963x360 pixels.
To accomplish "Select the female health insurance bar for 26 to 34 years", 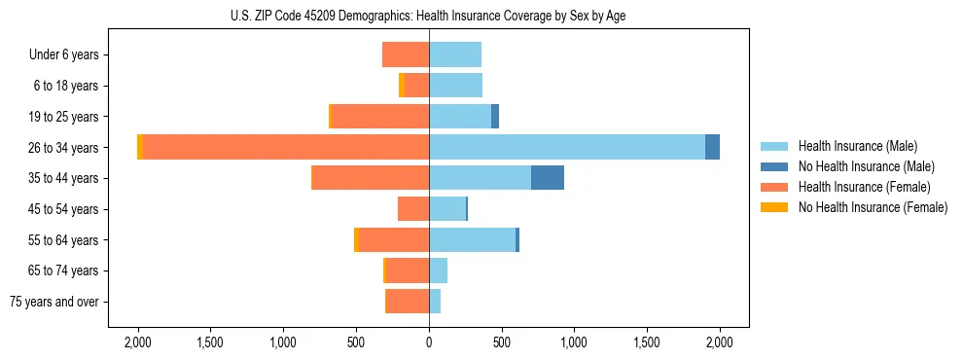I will point(286,147).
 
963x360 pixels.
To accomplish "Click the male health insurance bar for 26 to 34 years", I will point(567,147).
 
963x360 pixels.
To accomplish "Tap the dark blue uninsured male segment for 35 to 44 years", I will point(548,178).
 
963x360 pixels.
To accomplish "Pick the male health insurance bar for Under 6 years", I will point(455,54).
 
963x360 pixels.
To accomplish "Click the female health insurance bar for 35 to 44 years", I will point(370,178).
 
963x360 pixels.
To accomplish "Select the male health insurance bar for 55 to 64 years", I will point(472,239).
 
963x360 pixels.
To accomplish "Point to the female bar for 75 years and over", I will point(408,302).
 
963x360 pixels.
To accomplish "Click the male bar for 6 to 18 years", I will point(455,86).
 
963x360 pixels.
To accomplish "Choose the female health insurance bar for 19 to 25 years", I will point(380,117).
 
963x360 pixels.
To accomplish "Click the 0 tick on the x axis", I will point(429,342).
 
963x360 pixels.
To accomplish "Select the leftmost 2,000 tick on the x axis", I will point(138,342).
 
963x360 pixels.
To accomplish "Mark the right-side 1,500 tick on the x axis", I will point(647,342).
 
